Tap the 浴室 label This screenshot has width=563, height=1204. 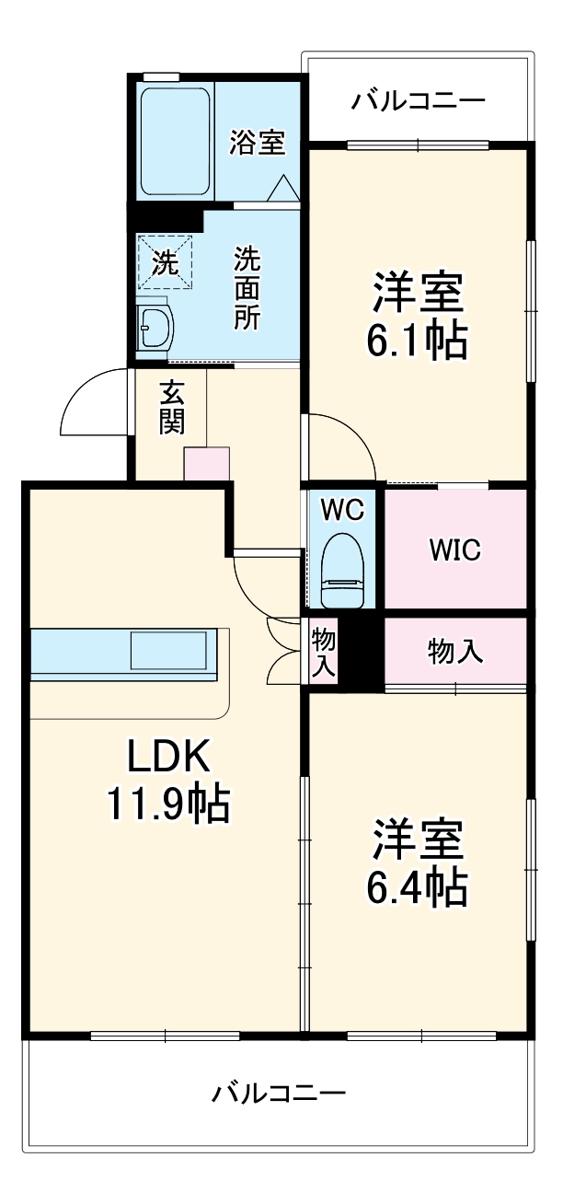(257, 143)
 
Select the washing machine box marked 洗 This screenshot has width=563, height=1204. (166, 262)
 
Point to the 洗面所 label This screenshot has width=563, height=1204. (246, 288)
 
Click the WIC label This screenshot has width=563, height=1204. (454, 550)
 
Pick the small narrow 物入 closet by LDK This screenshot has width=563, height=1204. (323, 652)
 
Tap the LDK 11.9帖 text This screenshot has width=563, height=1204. (168, 781)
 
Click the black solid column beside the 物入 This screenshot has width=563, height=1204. (362, 651)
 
